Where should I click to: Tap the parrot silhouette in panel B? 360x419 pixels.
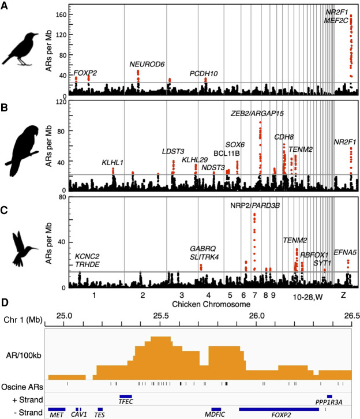[x=22, y=144]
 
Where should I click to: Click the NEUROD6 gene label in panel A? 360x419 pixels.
[x=147, y=64]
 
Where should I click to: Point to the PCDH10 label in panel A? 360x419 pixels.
[x=204, y=73]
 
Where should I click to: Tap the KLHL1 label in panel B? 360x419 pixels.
[x=112, y=163]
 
